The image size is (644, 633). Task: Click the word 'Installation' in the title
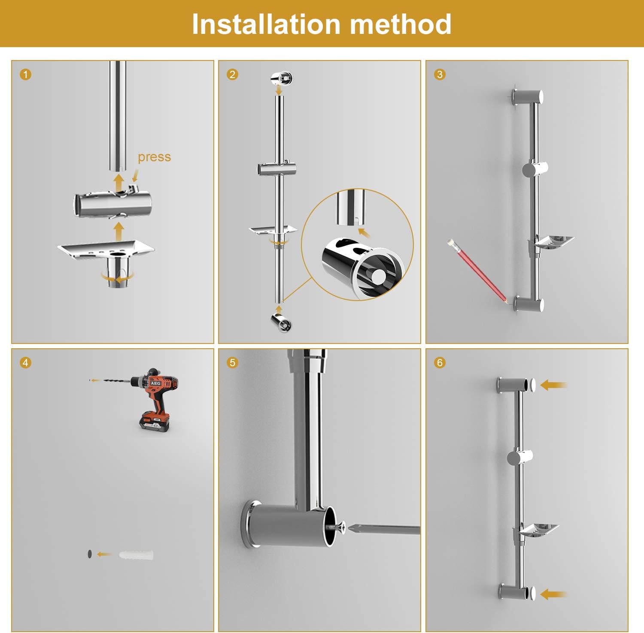[263, 24]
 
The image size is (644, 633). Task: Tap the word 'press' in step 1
[154, 157]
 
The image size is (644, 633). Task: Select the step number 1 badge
[25, 75]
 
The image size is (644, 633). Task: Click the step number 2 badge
[232, 75]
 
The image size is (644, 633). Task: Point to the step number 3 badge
[439, 75]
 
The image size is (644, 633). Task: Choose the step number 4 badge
[25, 363]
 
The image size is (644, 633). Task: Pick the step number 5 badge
[232, 363]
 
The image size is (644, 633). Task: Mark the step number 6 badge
[439, 363]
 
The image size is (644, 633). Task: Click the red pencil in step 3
[477, 271]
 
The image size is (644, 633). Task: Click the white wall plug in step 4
[135, 555]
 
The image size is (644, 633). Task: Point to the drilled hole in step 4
[89, 554]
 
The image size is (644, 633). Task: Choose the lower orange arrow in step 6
[554, 594]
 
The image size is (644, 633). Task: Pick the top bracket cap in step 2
[282, 78]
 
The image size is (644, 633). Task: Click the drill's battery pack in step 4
[154, 420]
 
